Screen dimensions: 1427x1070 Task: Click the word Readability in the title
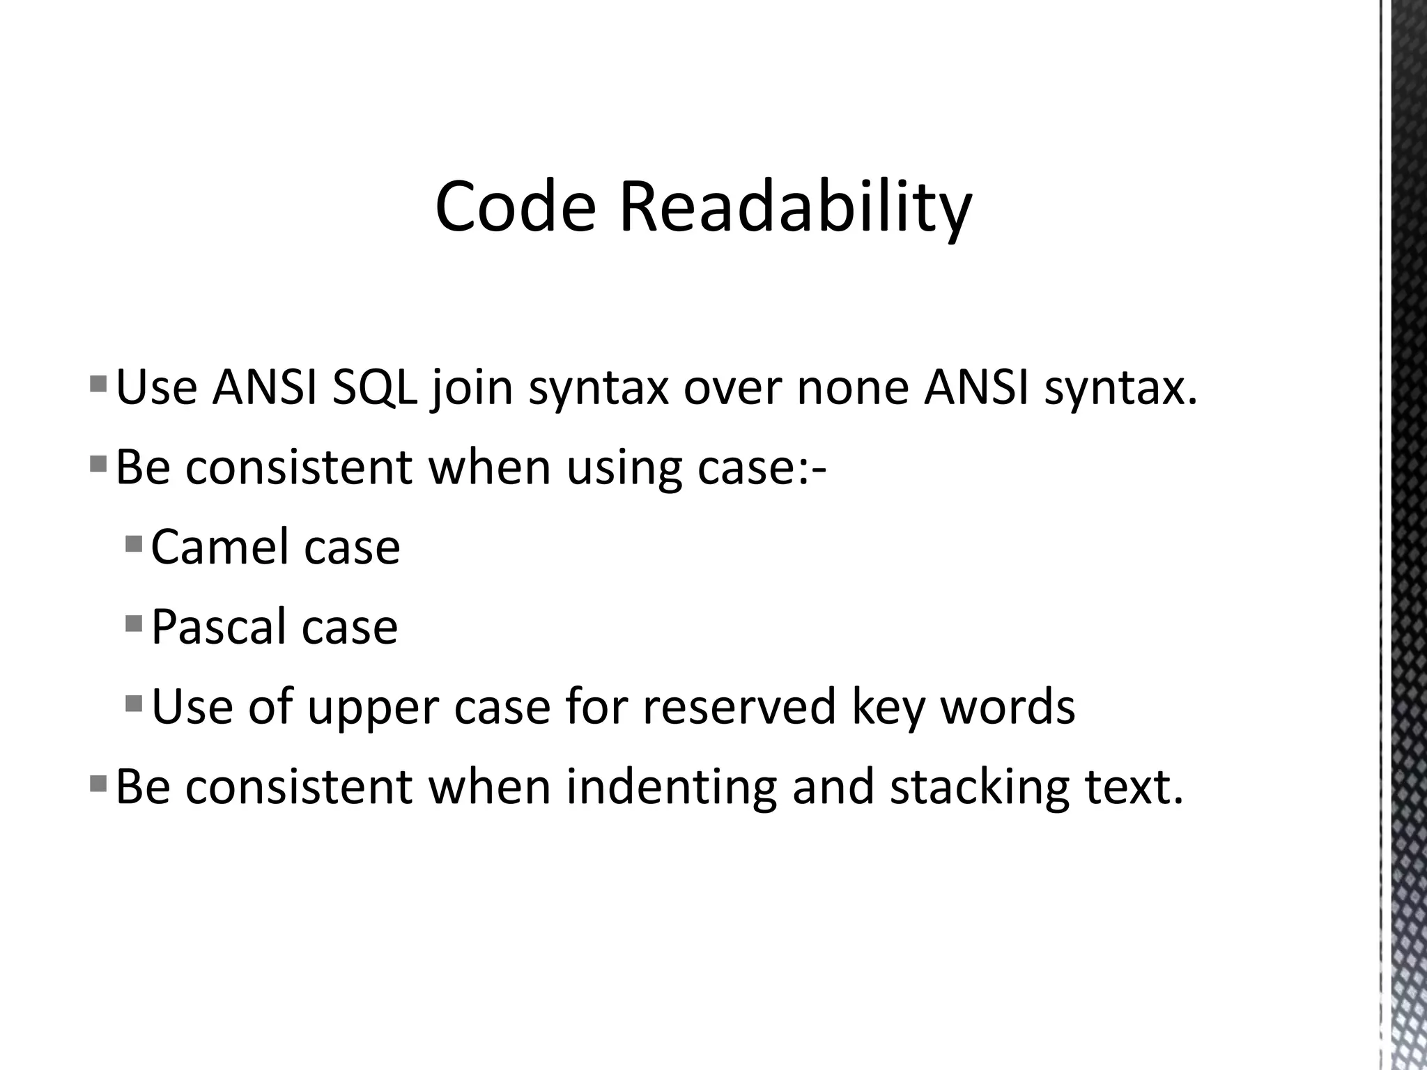point(795,207)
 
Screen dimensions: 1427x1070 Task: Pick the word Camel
point(219,548)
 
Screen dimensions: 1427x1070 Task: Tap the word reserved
point(739,707)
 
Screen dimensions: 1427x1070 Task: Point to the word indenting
point(671,787)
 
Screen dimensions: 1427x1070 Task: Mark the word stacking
point(979,787)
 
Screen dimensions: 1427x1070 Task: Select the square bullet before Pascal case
point(134,622)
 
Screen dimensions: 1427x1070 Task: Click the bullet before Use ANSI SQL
point(98,382)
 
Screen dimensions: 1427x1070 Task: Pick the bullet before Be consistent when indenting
point(98,782)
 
